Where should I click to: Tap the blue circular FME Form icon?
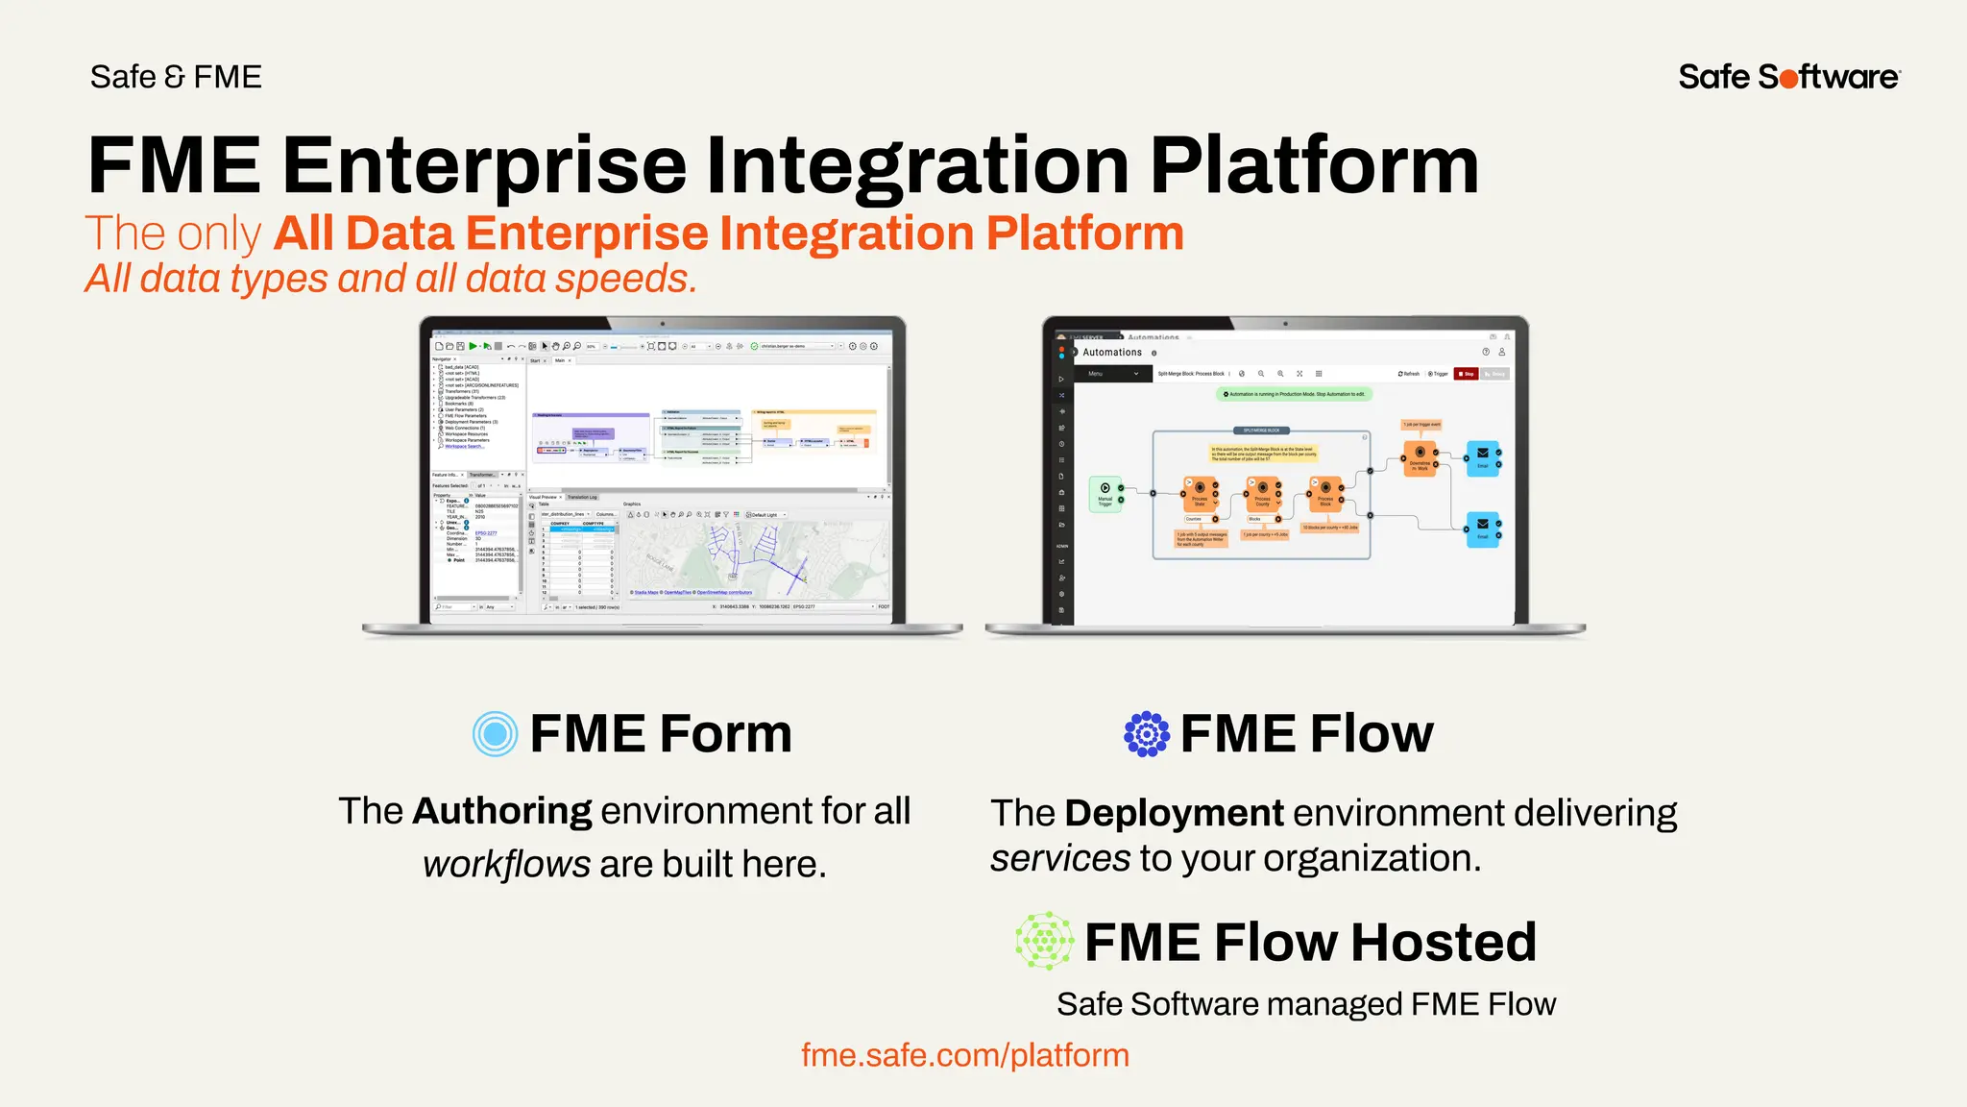pos(496,734)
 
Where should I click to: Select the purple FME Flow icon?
pos(1147,734)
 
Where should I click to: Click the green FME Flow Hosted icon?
pos(1045,941)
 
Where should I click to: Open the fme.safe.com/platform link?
pos(964,1055)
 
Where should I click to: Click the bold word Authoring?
pos(502,811)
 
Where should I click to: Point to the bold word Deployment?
pos(1174,813)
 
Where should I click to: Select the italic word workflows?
pos(506,864)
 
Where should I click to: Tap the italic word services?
pos(1060,858)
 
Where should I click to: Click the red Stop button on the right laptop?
pos(1466,374)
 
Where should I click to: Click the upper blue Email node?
pos(1482,457)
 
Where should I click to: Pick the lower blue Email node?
pos(1482,528)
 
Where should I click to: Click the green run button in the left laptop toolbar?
pos(473,346)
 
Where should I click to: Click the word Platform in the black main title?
pos(1314,165)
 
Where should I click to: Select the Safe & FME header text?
pos(176,77)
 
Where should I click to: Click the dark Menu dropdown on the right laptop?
pos(1112,374)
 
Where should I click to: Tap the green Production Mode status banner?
pos(1295,394)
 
